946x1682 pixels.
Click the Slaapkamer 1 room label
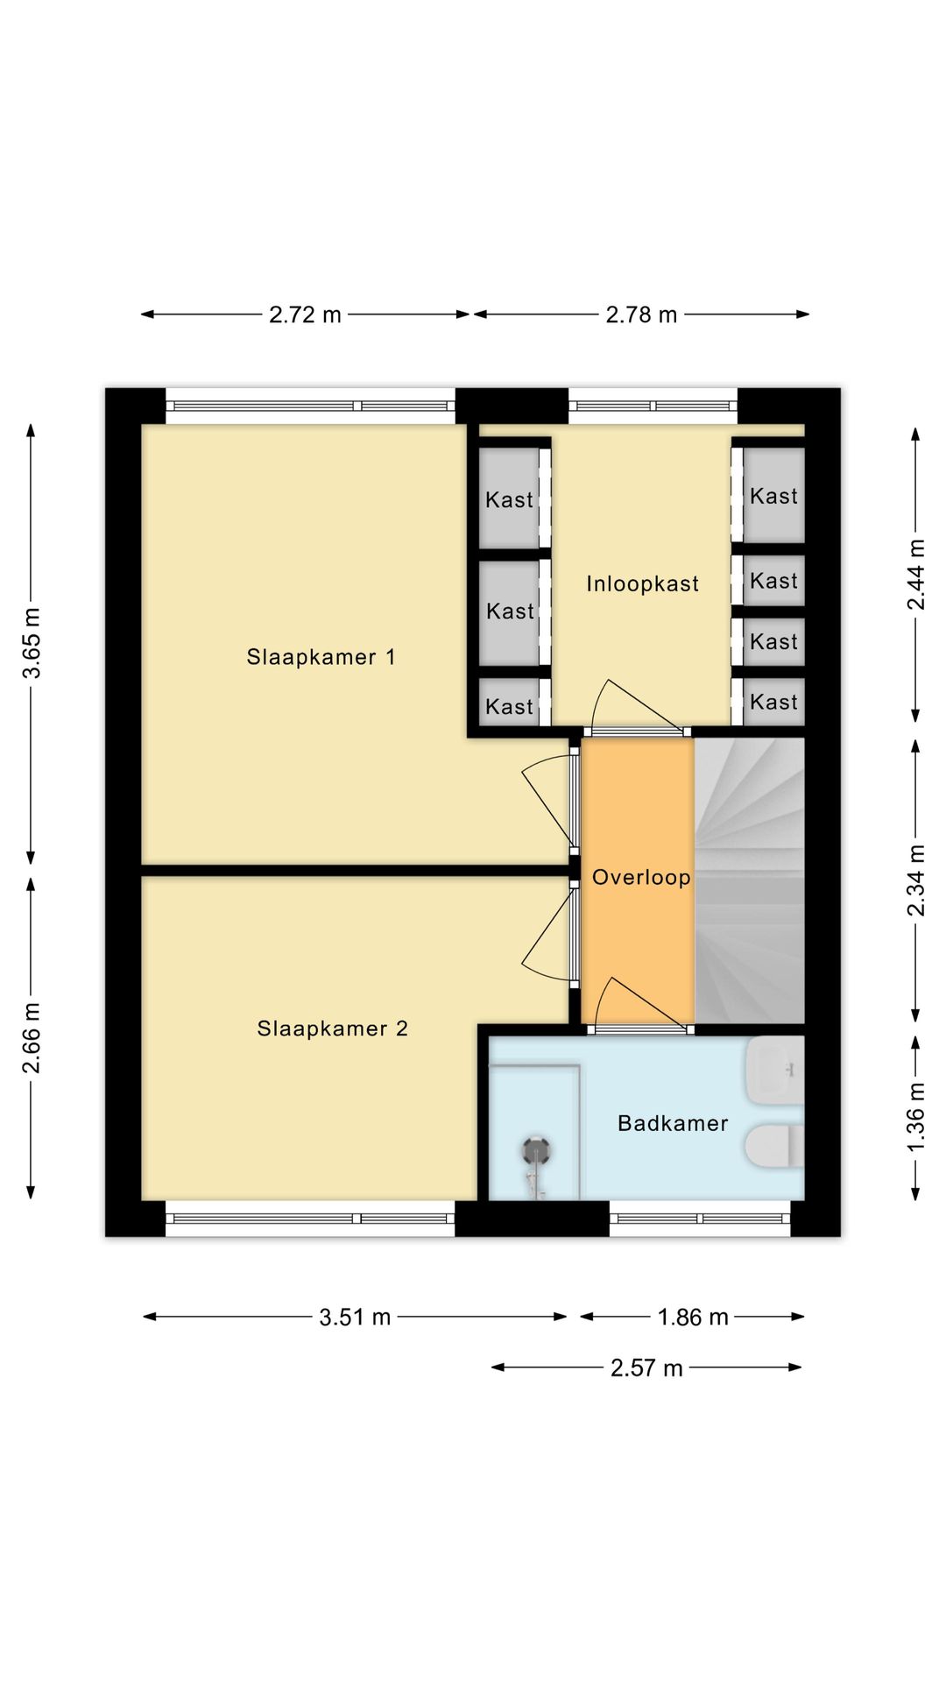(321, 657)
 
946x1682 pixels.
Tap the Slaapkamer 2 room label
(332, 1028)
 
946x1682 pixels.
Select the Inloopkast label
(642, 584)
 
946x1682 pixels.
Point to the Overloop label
(641, 878)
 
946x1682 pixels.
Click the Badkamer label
(673, 1123)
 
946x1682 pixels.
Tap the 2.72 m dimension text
(305, 314)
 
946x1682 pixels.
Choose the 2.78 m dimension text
(641, 314)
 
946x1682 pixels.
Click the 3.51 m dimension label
(355, 1318)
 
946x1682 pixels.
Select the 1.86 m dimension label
(693, 1318)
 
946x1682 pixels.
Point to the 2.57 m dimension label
(646, 1368)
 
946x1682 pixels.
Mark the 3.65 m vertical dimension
(32, 643)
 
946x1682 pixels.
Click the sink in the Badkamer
(774, 1070)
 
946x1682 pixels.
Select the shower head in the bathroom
(535, 1149)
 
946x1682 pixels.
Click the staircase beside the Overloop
(749, 880)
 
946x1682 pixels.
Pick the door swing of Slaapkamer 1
(547, 801)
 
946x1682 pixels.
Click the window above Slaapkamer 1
(310, 406)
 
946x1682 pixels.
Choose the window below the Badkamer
(700, 1219)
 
